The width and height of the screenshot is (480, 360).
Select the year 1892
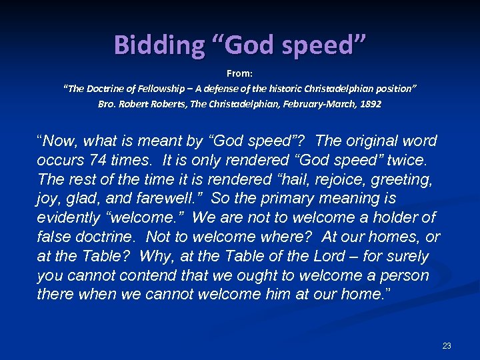pos(370,105)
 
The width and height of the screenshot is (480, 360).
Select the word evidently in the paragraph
pos(67,218)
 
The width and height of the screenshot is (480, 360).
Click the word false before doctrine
pos(53,237)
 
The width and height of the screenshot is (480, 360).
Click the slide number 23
pos(447,345)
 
